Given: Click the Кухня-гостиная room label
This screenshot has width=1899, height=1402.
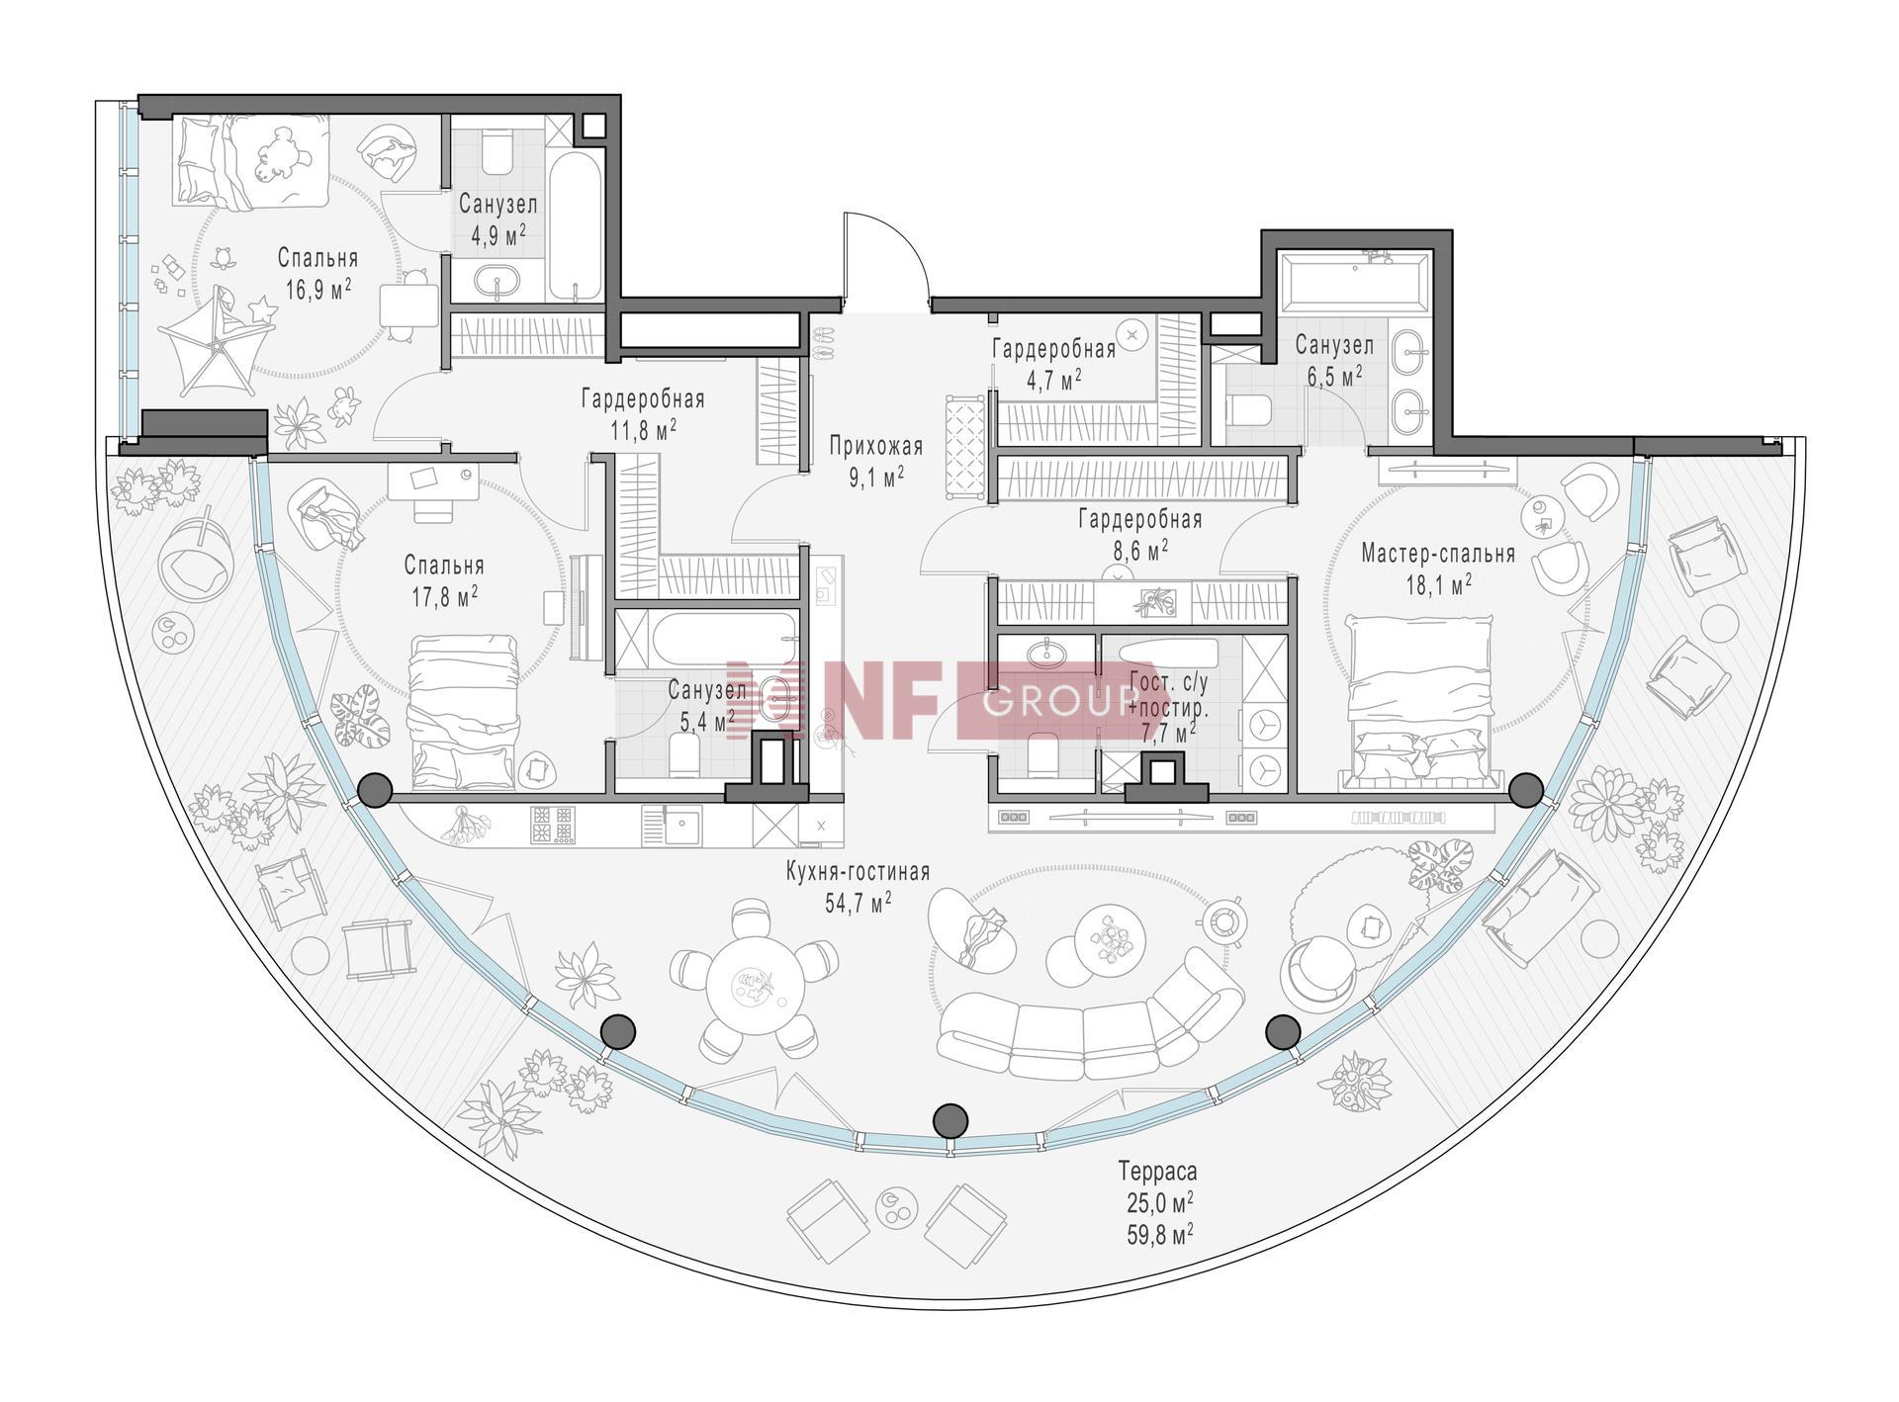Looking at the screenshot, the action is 858,872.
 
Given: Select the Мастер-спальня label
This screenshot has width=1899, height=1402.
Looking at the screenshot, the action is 1438,554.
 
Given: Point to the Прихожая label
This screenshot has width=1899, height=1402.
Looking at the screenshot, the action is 876,447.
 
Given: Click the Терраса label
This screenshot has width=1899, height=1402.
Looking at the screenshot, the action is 1158,1172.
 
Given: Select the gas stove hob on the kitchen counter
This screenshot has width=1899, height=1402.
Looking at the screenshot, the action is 552,826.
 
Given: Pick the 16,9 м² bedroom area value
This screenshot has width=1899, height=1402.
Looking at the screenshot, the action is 317,289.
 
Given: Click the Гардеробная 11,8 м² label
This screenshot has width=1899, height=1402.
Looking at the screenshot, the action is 643,413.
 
